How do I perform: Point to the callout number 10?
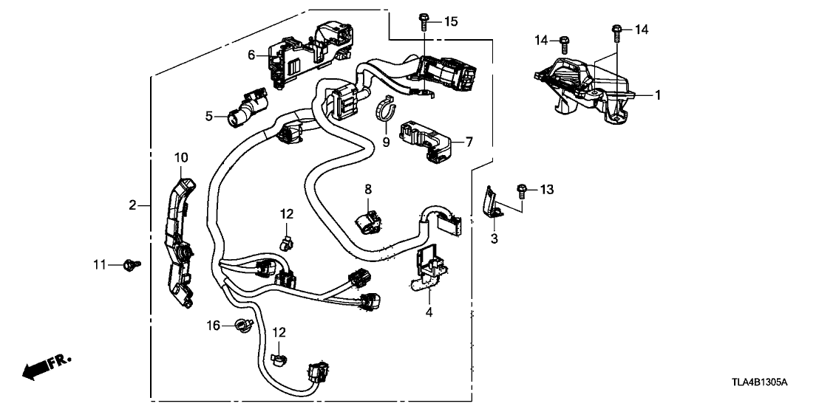click(181, 157)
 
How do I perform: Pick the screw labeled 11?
click(133, 263)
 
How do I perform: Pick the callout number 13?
click(546, 190)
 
